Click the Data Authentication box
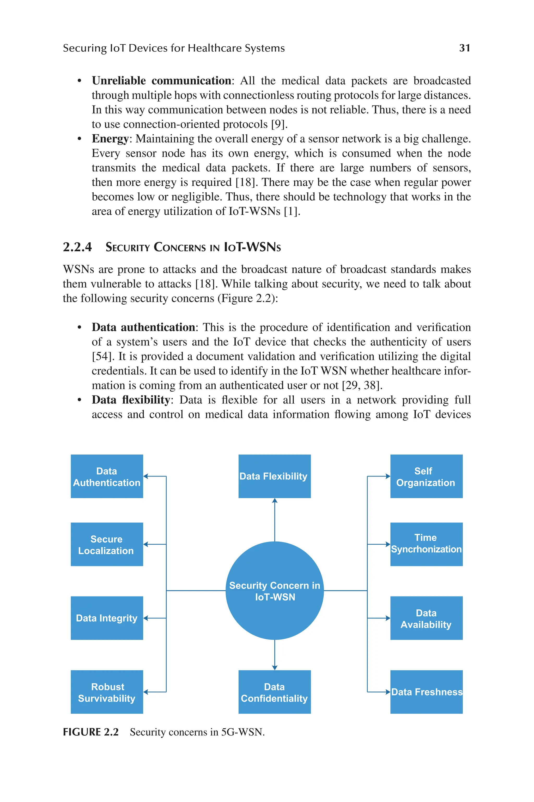point(107,476)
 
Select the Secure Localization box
point(107,545)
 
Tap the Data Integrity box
point(107,618)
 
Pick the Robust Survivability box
point(107,692)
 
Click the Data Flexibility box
point(275,476)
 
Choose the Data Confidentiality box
point(275,692)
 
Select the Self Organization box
point(426,476)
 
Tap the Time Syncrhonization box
point(426,545)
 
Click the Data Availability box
point(426,618)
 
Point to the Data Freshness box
point(426,692)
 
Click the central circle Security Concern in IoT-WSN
point(275,591)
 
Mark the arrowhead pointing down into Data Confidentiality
point(275,668)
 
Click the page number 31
point(465,48)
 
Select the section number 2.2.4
point(77,247)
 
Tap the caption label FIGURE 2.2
point(90,732)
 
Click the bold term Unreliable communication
point(161,81)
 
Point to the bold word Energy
point(110,139)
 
